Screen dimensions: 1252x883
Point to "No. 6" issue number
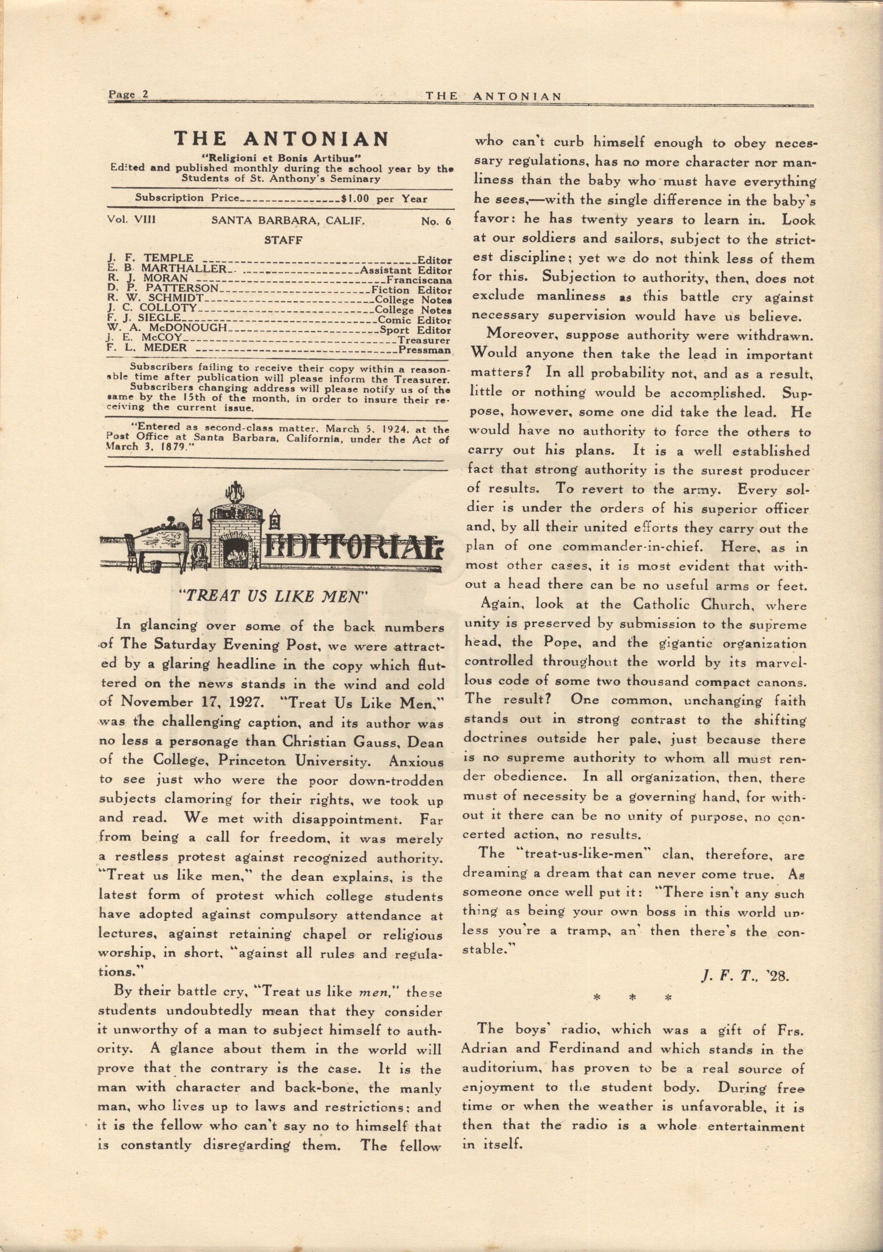(436, 221)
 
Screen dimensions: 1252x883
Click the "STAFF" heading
(283, 240)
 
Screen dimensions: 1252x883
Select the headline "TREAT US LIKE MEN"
(271, 596)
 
